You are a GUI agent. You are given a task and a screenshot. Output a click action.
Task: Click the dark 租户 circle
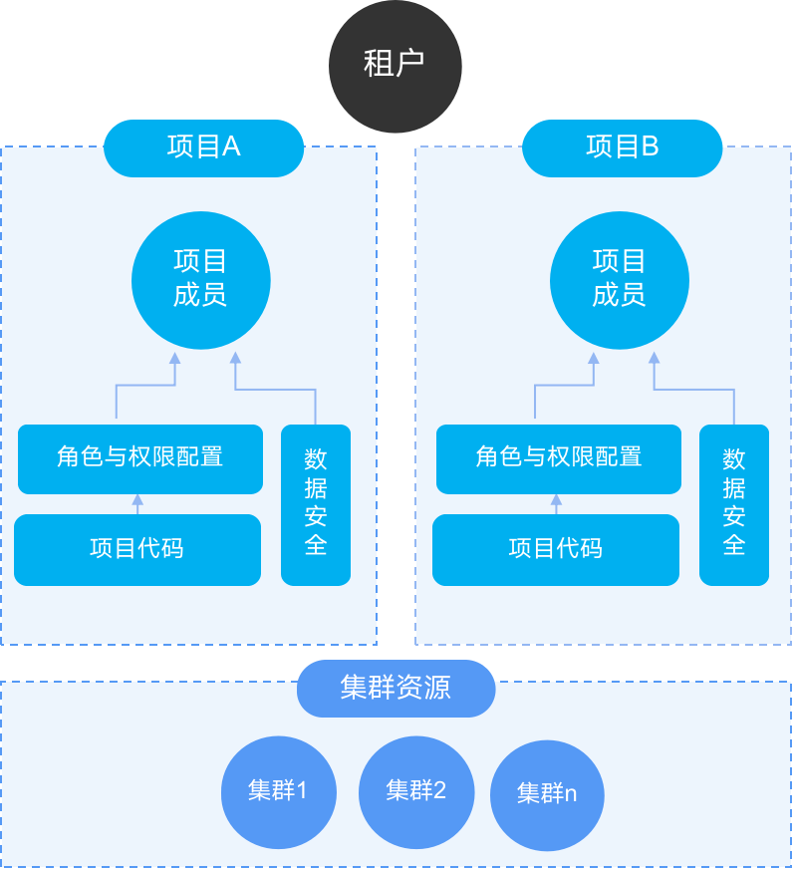(x=396, y=66)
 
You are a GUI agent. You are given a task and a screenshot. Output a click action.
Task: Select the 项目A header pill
(x=204, y=147)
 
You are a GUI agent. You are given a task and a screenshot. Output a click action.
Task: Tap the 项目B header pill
(x=623, y=147)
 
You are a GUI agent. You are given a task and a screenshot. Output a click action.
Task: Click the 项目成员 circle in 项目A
(x=201, y=280)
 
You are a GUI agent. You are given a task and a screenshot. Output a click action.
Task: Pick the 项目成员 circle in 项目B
(x=620, y=280)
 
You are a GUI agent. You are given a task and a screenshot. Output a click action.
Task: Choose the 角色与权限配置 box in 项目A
(x=140, y=458)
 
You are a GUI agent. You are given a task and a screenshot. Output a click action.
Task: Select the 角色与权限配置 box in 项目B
(x=559, y=458)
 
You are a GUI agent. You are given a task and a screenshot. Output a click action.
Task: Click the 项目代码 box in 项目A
(x=137, y=549)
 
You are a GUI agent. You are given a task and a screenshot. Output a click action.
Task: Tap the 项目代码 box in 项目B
(x=556, y=549)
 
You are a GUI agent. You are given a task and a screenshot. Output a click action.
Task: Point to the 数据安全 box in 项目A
(x=316, y=503)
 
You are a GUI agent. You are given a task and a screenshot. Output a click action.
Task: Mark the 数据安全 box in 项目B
(x=734, y=503)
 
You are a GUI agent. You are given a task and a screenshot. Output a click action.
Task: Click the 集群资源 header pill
(x=396, y=688)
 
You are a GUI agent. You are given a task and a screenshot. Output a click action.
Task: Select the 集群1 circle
(x=278, y=792)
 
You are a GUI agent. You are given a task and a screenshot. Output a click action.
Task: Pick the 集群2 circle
(x=415, y=792)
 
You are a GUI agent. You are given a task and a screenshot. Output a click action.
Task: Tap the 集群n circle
(x=547, y=794)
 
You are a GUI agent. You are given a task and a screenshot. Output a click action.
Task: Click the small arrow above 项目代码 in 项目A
(x=138, y=502)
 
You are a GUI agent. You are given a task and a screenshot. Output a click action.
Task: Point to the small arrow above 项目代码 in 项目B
(x=557, y=502)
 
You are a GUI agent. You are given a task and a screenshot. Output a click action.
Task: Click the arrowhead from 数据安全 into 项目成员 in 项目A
(x=235, y=359)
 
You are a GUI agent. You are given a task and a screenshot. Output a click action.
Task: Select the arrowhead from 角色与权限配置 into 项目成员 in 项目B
(x=594, y=359)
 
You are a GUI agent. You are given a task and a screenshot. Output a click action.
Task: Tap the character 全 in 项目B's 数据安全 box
(x=734, y=545)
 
